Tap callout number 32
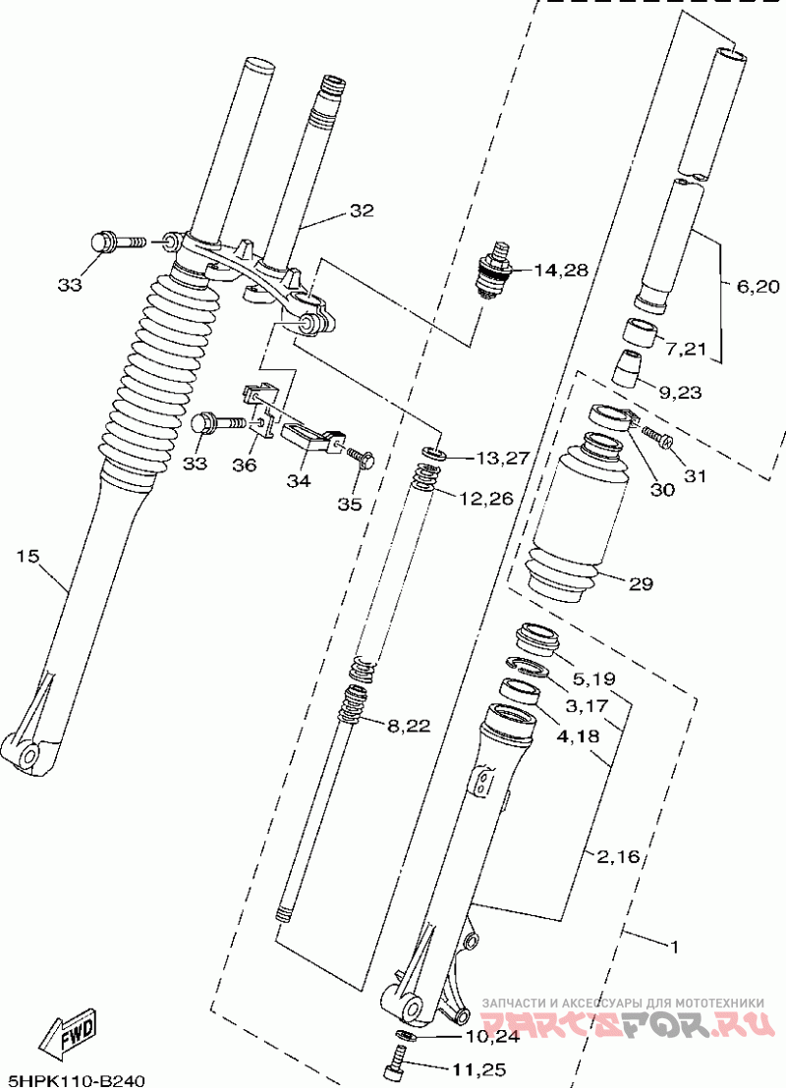click(361, 211)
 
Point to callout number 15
click(28, 556)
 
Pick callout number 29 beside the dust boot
click(641, 583)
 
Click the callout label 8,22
click(409, 727)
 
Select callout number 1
click(673, 946)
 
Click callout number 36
click(245, 464)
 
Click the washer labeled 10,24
click(405, 1037)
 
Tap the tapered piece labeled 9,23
click(626, 367)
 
